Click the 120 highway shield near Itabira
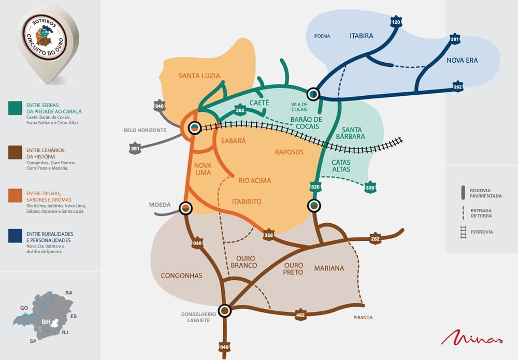(x=396, y=22)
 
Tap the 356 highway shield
(x=268, y=235)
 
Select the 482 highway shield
(x=300, y=314)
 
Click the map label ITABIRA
(x=362, y=36)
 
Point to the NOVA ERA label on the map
(x=462, y=60)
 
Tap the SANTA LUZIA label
(x=199, y=76)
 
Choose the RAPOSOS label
(x=289, y=152)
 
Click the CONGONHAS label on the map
(x=181, y=276)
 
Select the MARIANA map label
(x=329, y=268)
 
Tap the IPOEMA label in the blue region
(x=321, y=36)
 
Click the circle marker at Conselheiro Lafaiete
(x=224, y=310)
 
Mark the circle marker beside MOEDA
(x=185, y=208)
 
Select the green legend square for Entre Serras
(x=15, y=108)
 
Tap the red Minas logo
(x=472, y=337)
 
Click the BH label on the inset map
(x=46, y=322)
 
